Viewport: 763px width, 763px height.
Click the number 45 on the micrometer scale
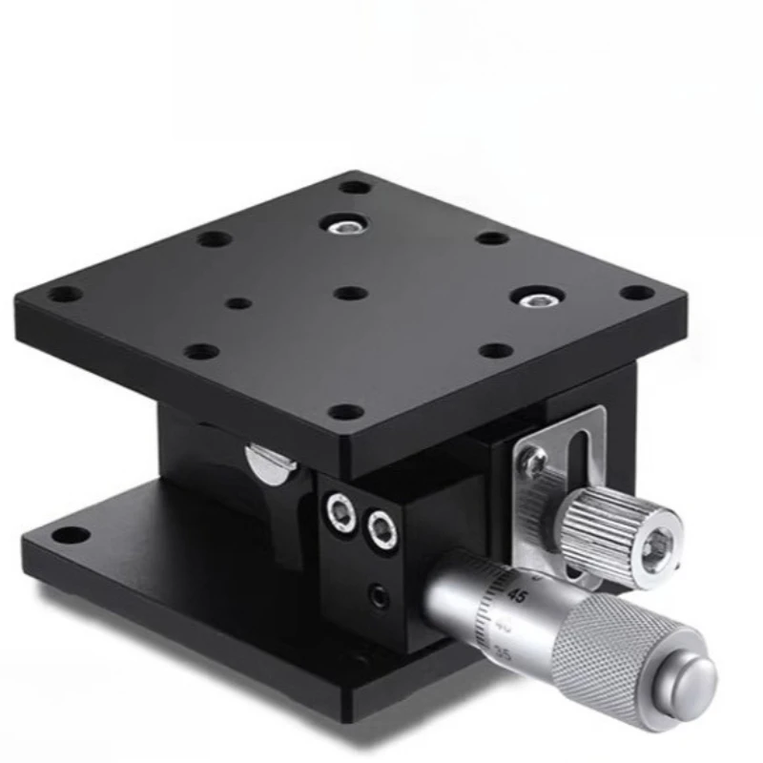click(x=519, y=595)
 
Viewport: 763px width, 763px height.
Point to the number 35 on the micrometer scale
click(x=504, y=655)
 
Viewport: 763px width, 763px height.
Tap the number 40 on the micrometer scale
click(x=506, y=627)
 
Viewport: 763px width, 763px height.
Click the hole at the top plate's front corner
click(x=345, y=412)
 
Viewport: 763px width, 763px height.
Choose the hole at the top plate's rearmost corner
click(x=355, y=186)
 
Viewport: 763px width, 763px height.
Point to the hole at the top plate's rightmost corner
click(x=637, y=293)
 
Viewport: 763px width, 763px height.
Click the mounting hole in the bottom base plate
click(x=67, y=534)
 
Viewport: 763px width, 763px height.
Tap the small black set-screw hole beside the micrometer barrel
click(x=379, y=599)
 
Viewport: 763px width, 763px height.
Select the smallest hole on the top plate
click(x=239, y=303)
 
